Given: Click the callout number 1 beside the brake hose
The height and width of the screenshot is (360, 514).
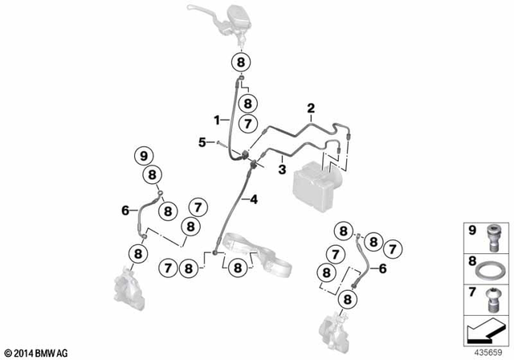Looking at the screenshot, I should (216, 119).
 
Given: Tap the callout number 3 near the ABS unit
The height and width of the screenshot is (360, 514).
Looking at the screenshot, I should (283, 170).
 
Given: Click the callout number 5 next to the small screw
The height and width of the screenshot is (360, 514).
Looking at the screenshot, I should (202, 142).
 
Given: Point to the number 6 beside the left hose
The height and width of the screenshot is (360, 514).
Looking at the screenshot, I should (125, 210).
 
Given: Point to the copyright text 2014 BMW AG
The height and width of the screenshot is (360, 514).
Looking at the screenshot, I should (38, 352).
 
